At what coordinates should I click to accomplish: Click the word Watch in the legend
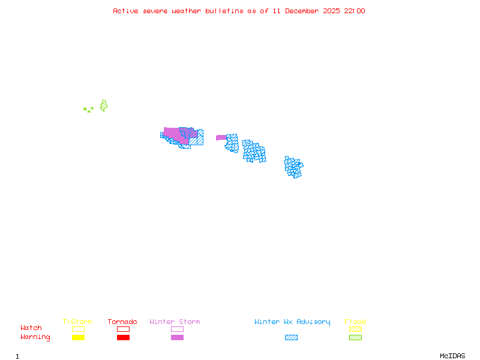31,328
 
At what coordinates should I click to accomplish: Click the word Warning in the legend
35,337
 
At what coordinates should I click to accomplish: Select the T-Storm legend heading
77,322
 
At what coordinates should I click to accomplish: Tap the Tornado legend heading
122,322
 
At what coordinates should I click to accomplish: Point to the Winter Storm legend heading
175,322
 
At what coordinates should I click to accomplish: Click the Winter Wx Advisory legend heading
292,322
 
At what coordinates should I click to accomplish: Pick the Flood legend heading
355,322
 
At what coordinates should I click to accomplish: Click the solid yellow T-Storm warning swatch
78,337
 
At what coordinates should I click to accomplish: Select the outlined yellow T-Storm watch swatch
78,329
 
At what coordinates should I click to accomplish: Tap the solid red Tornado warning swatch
123,337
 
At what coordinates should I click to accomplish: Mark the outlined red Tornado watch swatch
123,329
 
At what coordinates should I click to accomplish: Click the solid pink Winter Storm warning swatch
177,337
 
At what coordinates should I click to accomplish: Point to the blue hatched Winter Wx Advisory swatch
291,337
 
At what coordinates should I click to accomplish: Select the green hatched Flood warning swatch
355,337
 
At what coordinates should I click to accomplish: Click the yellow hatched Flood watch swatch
355,329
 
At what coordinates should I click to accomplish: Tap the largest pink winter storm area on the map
174,134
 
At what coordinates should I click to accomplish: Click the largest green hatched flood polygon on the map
104,106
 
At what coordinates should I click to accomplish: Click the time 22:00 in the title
354,11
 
